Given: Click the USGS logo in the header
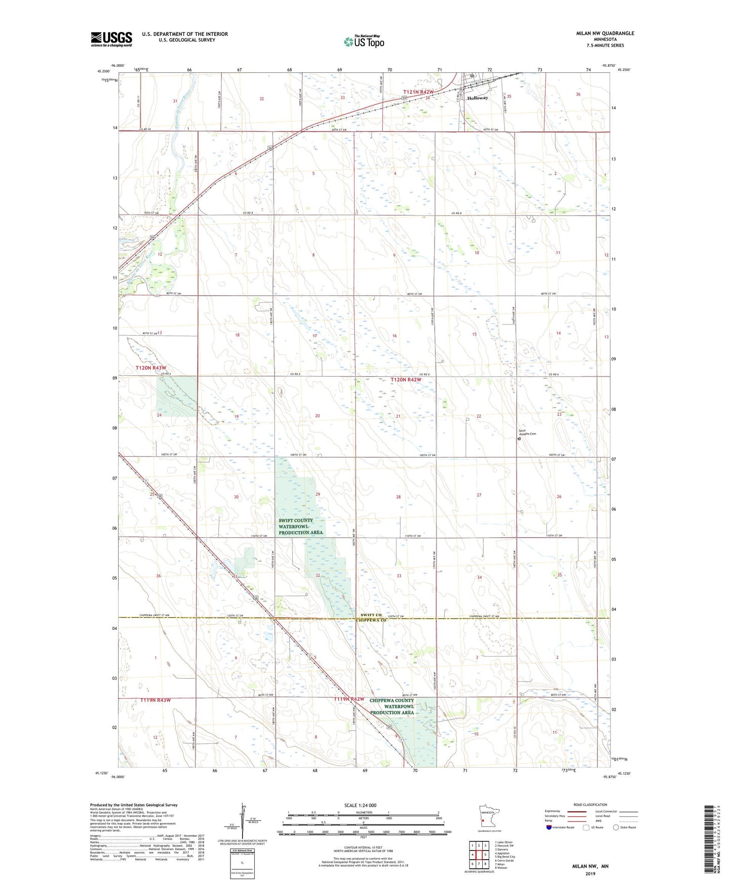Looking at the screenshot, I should coord(111,38).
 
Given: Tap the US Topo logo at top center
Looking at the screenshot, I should coord(363,41).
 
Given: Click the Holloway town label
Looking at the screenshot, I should coord(478,98).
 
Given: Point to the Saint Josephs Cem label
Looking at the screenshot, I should coord(527,433).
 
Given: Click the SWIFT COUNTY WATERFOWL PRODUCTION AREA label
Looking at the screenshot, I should coord(300,527).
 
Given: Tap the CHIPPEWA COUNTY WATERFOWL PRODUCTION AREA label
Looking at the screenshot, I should coord(392,706).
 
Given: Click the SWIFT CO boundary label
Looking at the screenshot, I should coord(371,615).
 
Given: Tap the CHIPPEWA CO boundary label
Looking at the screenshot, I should coord(371,620).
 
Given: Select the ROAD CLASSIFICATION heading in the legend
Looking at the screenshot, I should coord(590,805).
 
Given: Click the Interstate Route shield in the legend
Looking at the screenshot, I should coord(549,827).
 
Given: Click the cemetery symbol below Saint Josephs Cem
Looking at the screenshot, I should coord(519,439).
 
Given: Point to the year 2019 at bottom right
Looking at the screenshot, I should coord(590,873).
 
